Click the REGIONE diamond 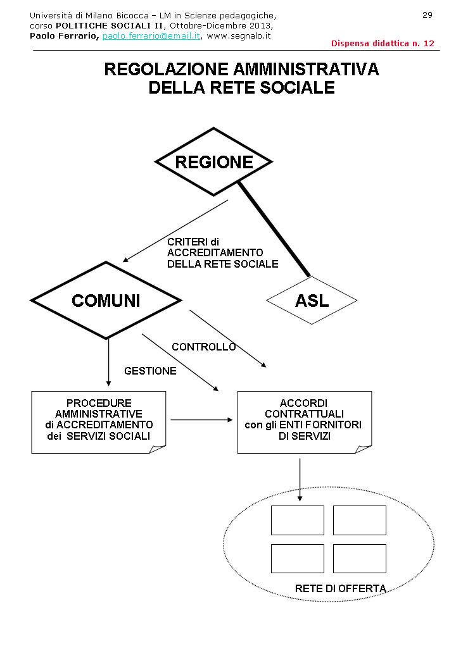[213, 162]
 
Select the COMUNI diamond [106, 301]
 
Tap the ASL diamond [312, 301]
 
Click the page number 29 [427, 15]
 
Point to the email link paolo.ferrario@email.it [151, 36]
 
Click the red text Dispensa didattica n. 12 [383, 44]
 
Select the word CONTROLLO [203, 347]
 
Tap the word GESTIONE [150, 371]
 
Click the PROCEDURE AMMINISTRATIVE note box [99, 421]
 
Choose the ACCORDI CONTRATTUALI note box [303, 421]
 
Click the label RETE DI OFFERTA [340, 588]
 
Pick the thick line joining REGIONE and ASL [274, 230]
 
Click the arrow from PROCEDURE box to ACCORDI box [201, 419]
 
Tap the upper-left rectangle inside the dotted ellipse [297, 520]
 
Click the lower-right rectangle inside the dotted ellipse [359, 558]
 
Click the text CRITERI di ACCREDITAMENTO [215, 247]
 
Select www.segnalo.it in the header [239, 36]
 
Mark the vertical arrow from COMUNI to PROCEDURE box [108, 362]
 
